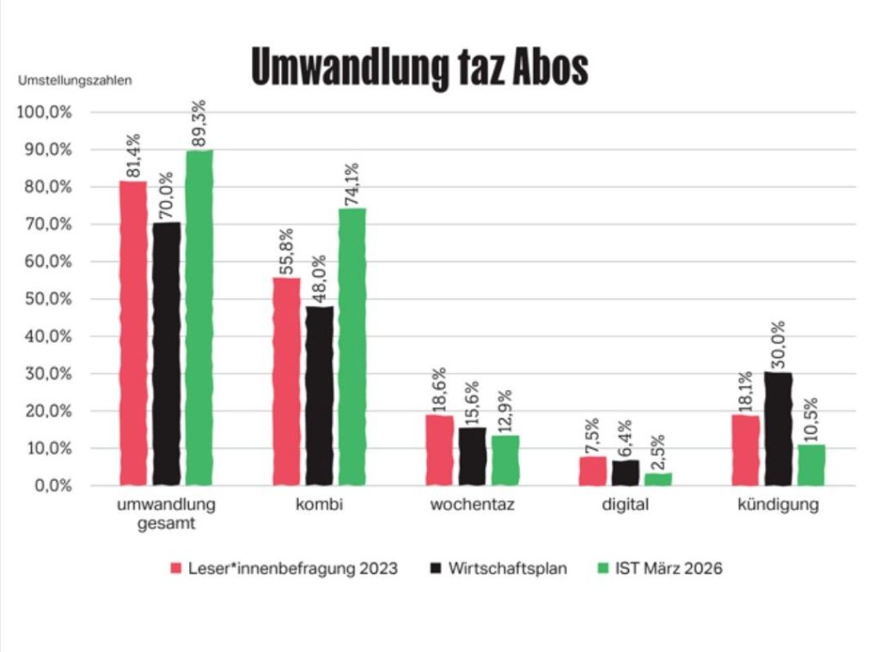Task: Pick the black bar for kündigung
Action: pos(779,429)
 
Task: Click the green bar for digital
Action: pos(658,479)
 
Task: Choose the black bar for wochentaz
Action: pos(472,456)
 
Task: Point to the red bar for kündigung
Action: pos(746,450)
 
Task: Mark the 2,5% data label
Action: pos(658,447)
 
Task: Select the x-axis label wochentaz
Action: pos(472,505)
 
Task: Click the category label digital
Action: pos(625,505)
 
